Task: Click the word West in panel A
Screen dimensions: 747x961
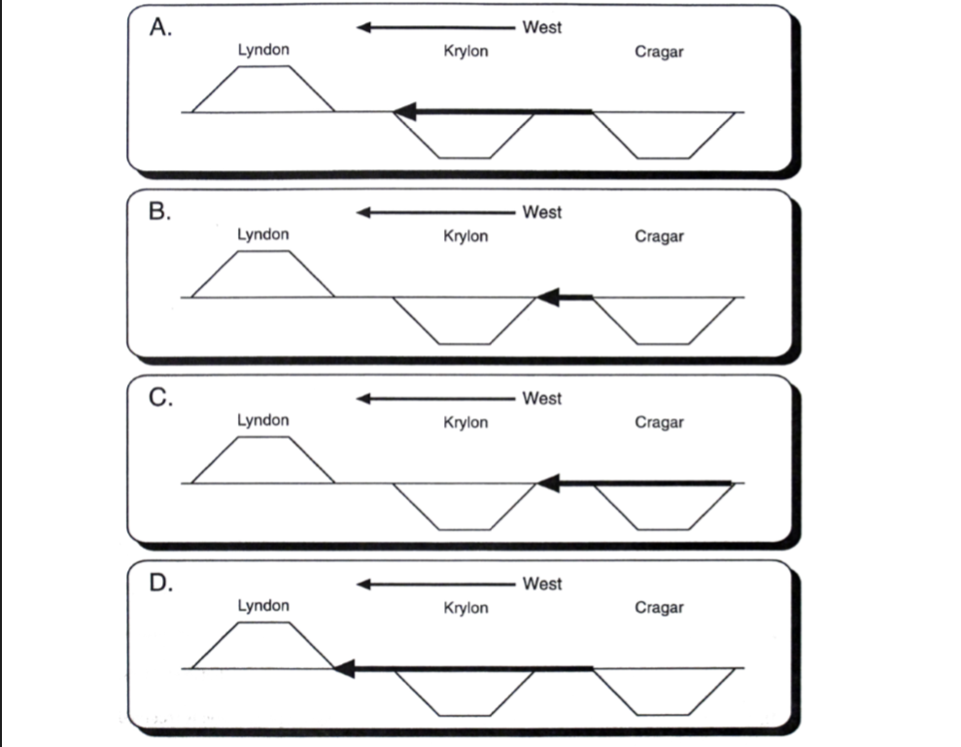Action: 541,27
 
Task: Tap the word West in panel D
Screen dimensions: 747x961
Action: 541,584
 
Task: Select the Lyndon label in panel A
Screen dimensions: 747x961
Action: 263,50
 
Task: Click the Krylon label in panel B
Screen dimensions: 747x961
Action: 465,236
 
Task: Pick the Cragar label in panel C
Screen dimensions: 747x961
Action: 659,422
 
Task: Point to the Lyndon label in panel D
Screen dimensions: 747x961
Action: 263,606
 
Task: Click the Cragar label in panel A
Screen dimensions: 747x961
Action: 659,52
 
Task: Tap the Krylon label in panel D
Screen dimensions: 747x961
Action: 465,608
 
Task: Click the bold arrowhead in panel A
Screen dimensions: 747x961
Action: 405,112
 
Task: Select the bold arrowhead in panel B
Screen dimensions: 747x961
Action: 548,297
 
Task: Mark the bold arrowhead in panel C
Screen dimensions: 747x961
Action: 548,482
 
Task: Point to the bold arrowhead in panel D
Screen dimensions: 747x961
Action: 344,668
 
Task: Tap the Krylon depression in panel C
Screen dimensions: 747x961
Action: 464,506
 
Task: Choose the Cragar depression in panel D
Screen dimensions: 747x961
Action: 665,691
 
